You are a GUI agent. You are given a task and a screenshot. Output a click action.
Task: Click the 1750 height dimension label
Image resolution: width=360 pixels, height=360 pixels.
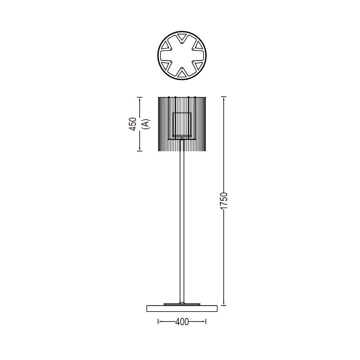[x=224, y=201]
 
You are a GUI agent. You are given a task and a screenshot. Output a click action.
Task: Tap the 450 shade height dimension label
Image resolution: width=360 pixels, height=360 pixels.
[x=133, y=124]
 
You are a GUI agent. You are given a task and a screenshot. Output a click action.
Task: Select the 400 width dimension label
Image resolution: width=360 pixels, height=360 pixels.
[x=182, y=322]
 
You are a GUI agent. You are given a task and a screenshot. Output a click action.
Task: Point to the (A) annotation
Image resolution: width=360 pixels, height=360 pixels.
[x=146, y=124]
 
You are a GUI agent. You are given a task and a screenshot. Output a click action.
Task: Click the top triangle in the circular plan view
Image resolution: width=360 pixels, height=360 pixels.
[x=182, y=37]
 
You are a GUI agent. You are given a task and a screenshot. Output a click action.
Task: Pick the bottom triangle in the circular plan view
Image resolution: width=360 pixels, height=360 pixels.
[x=182, y=74]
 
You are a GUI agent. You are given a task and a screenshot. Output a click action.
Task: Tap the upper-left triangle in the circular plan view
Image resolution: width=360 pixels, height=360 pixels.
[x=166, y=46]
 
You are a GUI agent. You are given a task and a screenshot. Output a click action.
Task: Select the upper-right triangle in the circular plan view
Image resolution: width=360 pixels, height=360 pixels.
[x=198, y=46]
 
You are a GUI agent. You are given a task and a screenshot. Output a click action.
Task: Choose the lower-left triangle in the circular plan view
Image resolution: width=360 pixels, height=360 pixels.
[x=166, y=65]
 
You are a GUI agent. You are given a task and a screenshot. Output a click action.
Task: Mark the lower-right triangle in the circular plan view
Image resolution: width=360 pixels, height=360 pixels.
[x=198, y=65]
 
